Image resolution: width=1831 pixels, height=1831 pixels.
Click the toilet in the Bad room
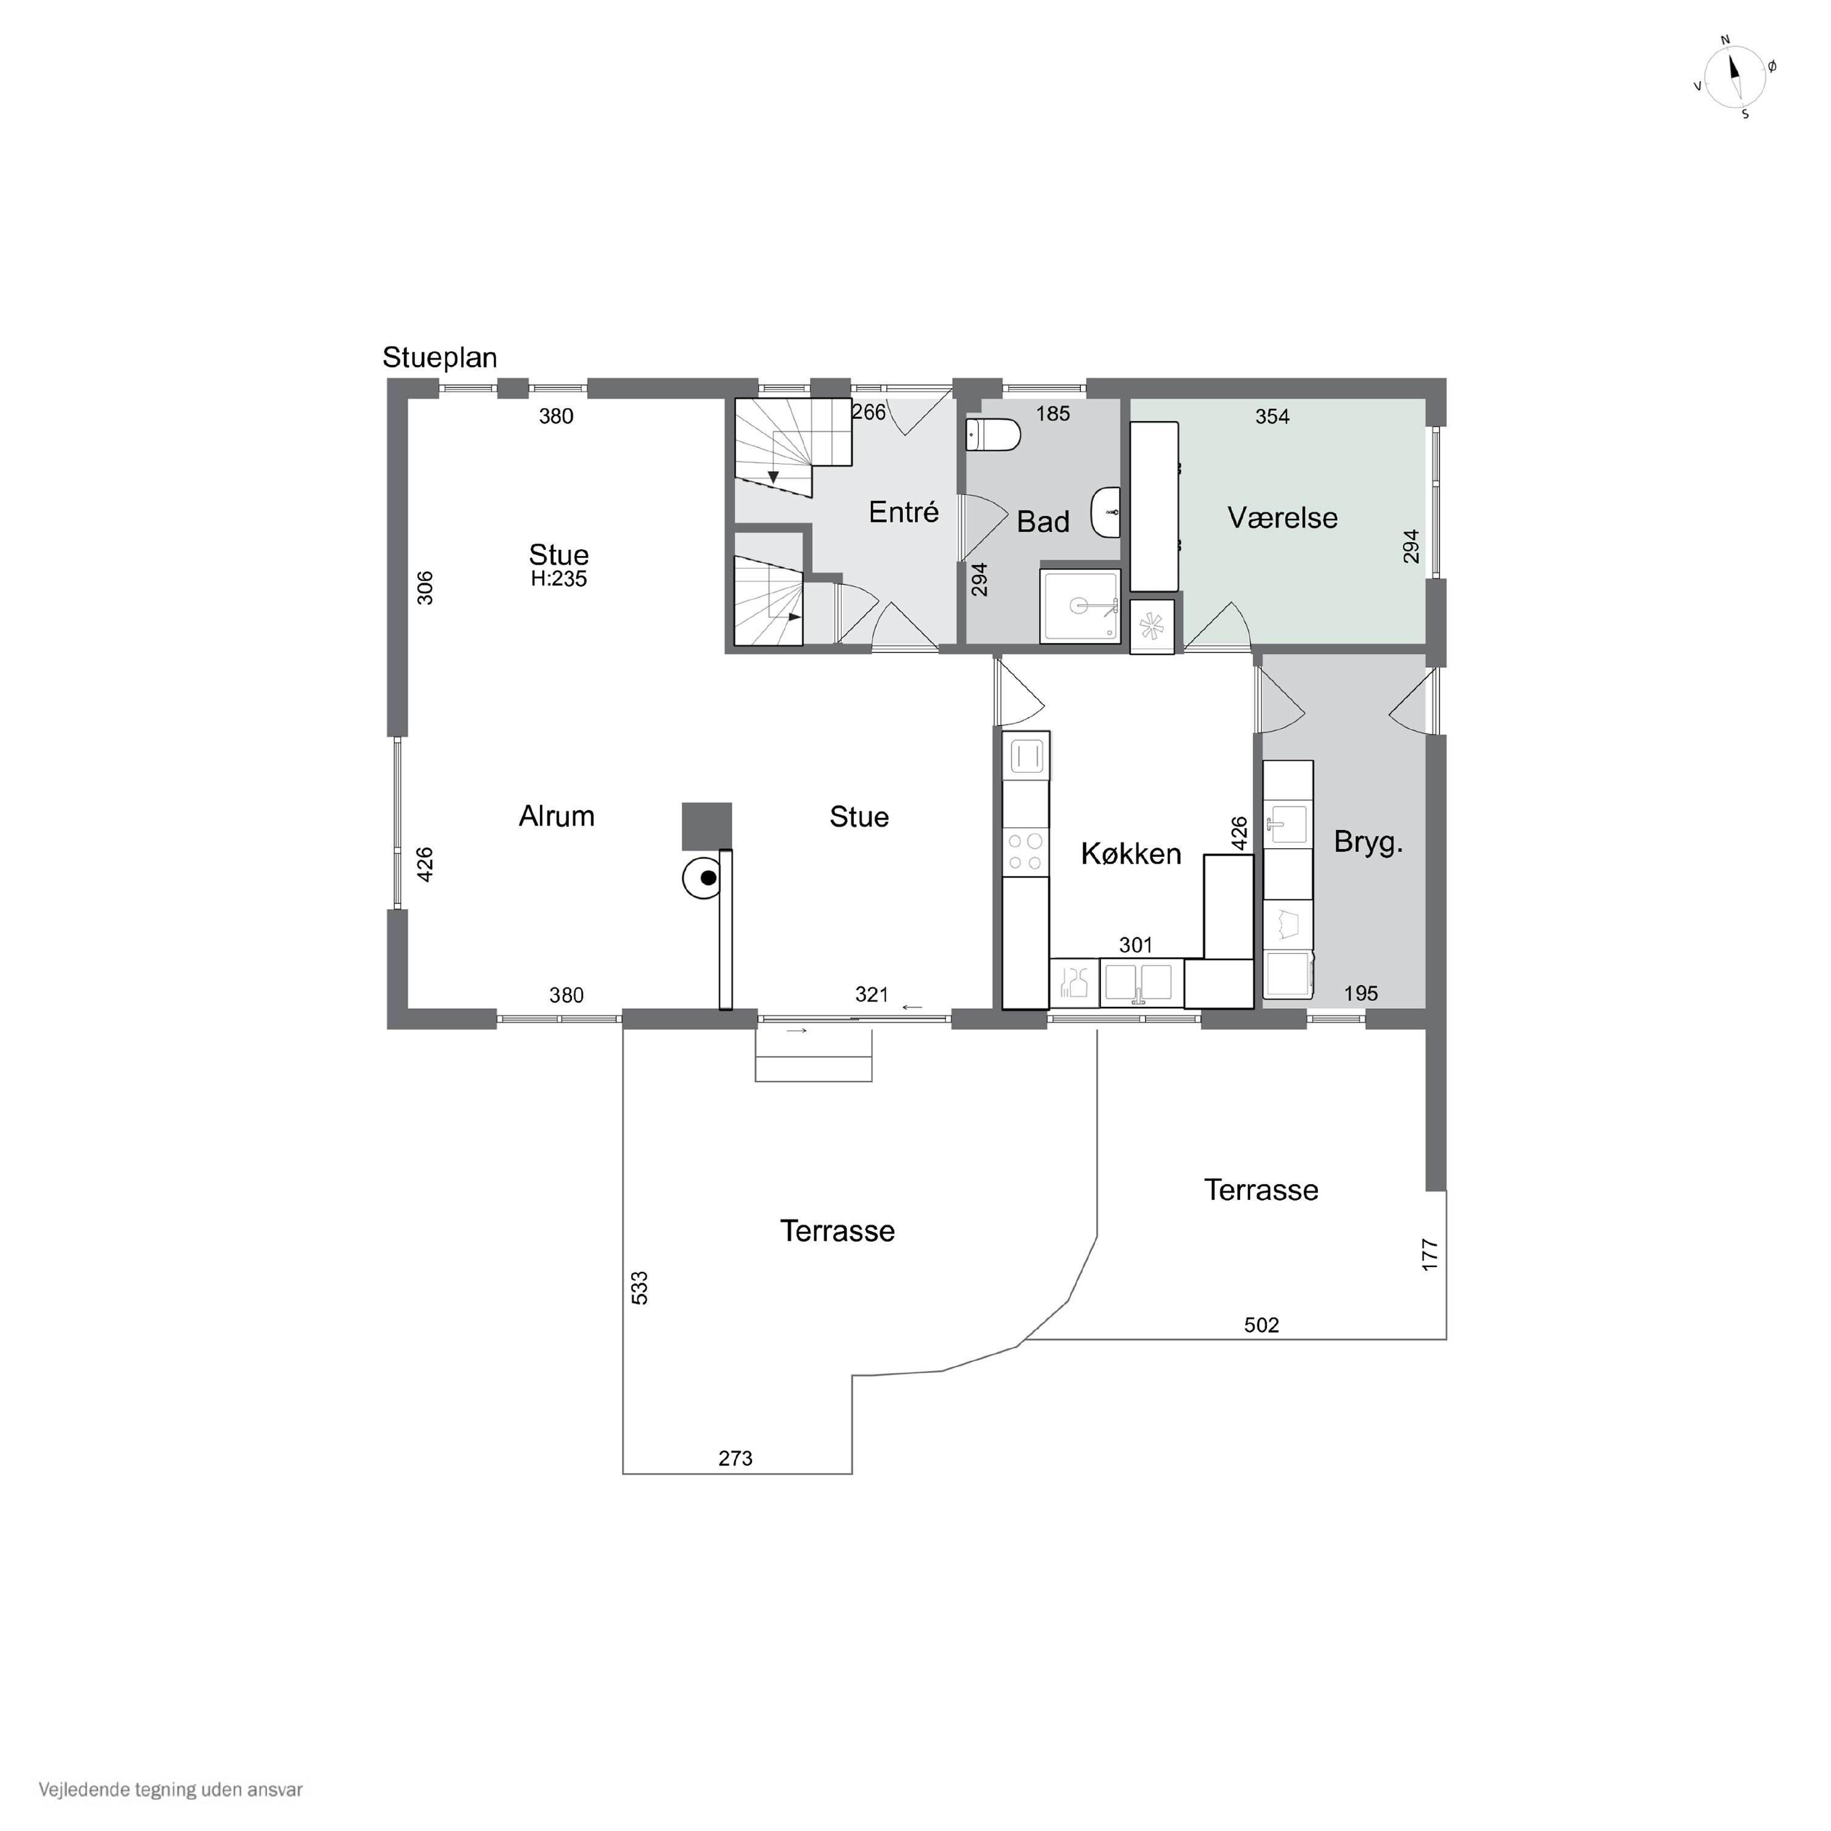[992, 436]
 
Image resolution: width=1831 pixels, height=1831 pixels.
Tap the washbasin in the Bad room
[1106, 512]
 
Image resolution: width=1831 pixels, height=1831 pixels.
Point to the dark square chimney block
[707, 826]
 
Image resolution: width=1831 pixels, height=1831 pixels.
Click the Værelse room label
[1282, 518]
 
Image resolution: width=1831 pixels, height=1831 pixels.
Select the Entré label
[903, 512]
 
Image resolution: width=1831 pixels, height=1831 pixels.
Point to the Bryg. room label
[1368, 842]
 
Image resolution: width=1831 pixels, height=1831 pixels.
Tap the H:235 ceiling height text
[559, 579]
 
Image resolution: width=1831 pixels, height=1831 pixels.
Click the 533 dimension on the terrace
[640, 1288]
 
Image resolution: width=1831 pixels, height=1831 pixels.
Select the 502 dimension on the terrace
[1262, 1325]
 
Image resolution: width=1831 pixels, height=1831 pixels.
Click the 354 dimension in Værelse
[1272, 416]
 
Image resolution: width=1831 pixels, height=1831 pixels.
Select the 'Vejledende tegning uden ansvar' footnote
[171, 1790]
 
